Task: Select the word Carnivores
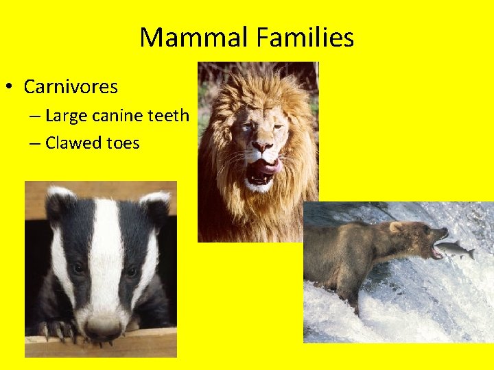coord(71,88)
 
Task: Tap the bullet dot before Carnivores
coord(10,88)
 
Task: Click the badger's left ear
coord(155,206)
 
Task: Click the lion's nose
coord(261,146)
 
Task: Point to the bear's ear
coord(395,227)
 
